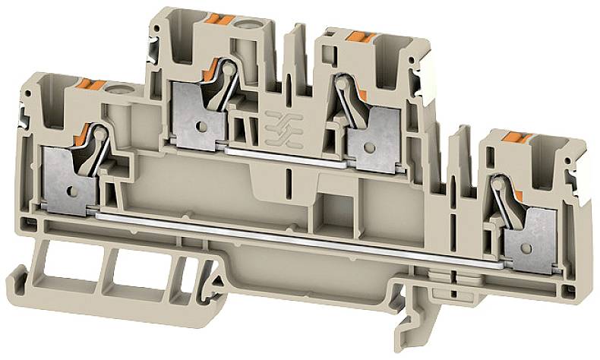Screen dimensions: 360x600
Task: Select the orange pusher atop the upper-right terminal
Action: (360, 35)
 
